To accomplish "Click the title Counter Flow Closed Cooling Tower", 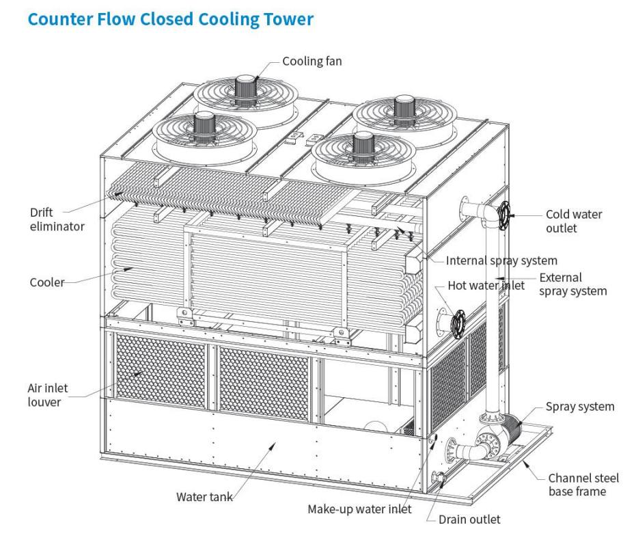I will point(170,19).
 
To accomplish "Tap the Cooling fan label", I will point(312,62).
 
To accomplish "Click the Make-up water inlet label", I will point(359,509).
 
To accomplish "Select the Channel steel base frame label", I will point(577,485).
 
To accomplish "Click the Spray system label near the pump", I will point(579,407).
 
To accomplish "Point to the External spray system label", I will point(572,284).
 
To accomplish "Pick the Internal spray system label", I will point(501,260).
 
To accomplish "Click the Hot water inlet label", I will point(486,285).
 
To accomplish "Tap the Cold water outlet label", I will point(574,221).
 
